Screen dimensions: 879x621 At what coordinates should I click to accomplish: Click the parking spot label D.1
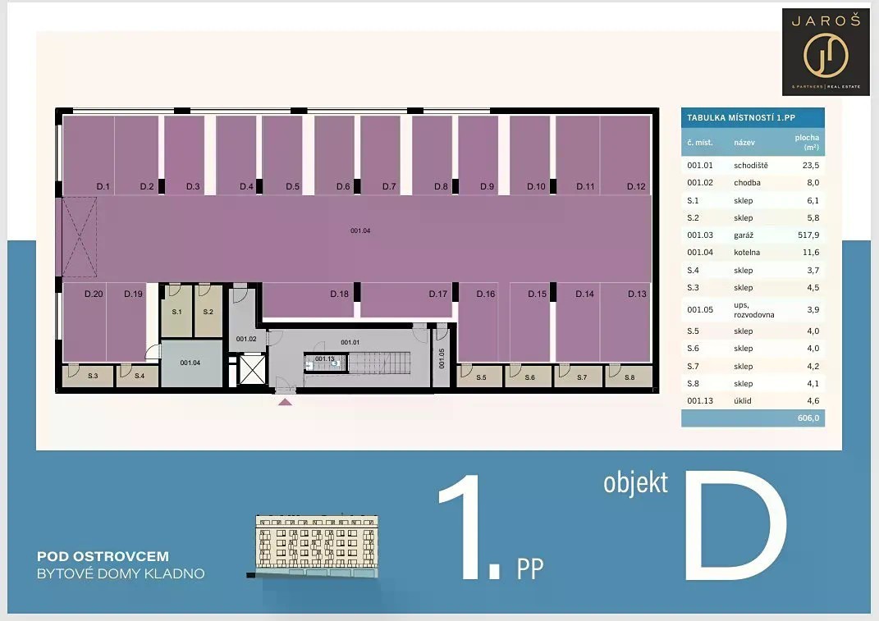pos(103,187)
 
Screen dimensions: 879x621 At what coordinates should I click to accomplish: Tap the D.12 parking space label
pos(636,187)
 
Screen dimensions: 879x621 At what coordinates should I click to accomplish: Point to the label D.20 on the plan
pos(94,294)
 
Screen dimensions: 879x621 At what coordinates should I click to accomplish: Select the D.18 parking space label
pos(339,294)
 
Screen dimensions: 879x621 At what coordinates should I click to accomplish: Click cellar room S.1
pos(176,311)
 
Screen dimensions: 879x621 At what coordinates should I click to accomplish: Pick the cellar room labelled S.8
pos(629,376)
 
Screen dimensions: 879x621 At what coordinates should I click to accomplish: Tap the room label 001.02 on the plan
pos(246,339)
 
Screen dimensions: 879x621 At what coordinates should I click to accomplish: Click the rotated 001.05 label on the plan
pos(442,358)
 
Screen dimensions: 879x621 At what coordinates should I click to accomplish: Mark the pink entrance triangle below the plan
pos(285,402)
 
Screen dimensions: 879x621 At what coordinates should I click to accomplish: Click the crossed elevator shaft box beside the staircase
pos(252,370)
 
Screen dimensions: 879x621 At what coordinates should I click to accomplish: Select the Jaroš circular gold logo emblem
pos(825,55)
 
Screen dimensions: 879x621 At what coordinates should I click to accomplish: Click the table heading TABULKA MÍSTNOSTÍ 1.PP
pos(741,117)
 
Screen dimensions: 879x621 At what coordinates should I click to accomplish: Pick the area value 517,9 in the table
pos(808,235)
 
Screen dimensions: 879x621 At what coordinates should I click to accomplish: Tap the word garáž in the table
pos(744,235)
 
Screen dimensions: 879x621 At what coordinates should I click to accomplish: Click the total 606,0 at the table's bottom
pos(808,418)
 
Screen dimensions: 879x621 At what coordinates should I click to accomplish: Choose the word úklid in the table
pos(742,400)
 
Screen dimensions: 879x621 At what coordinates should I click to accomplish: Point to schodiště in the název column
pos(751,166)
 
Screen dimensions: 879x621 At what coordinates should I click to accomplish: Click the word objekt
pos(636,484)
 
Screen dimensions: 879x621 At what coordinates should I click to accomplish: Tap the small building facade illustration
pos(317,546)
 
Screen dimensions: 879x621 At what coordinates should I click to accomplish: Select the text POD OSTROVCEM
pos(103,556)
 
